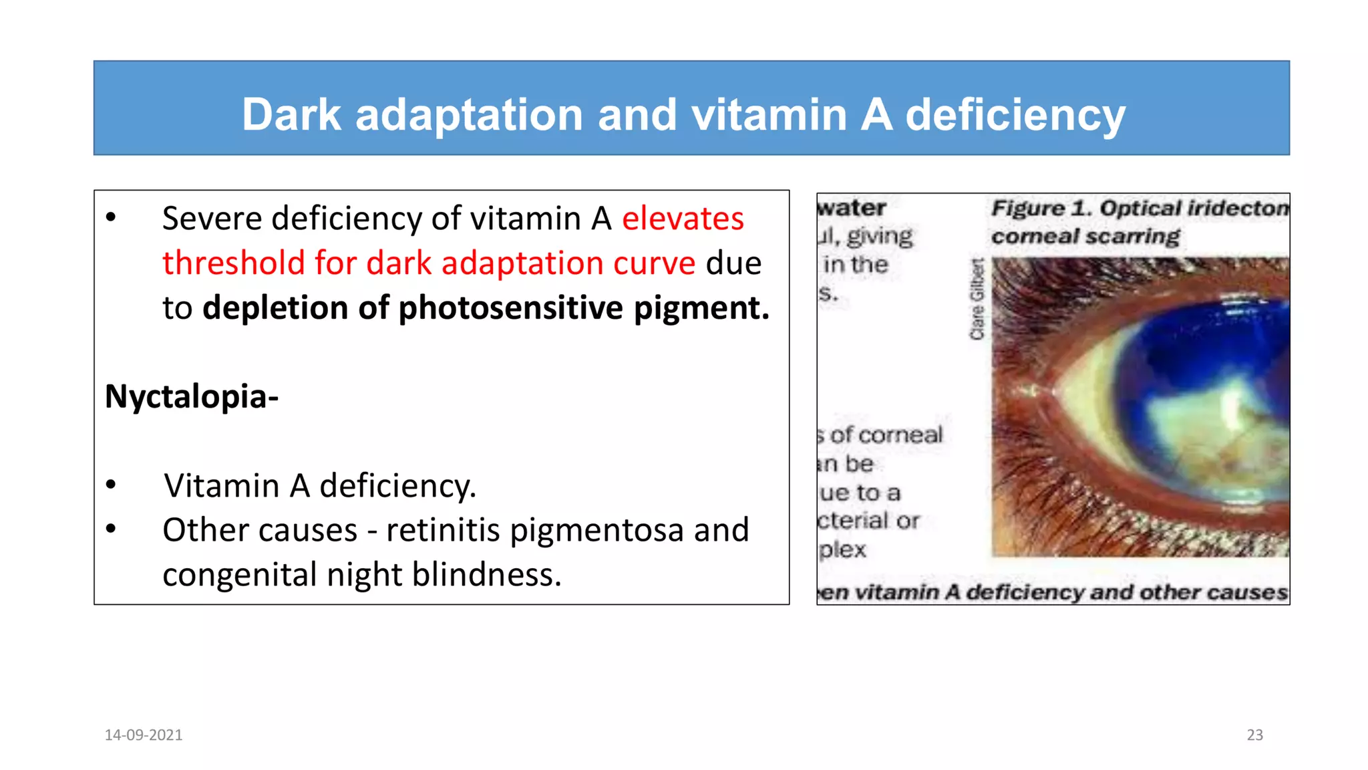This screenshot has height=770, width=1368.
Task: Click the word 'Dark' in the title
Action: pyautogui.click(x=291, y=114)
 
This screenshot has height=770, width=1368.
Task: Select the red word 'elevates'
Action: pyautogui.click(x=683, y=219)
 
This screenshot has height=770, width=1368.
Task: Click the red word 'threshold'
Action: pyautogui.click(x=233, y=263)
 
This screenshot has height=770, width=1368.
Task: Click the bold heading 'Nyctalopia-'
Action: pyautogui.click(x=192, y=396)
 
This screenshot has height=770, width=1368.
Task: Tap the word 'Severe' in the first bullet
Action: pyautogui.click(x=211, y=219)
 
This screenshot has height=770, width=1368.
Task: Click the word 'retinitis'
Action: pyautogui.click(x=443, y=530)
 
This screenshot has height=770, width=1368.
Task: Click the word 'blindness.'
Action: pyautogui.click(x=486, y=575)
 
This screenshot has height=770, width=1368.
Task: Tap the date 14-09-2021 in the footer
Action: pyautogui.click(x=144, y=735)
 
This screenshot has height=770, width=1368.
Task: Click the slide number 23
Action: pyautogui.click(x=1254, y=735)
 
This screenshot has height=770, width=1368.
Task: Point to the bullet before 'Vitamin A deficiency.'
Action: pyautogui.click(x=111, y=485)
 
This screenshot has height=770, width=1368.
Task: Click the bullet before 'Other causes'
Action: pyautogui.click(x=111, y=529)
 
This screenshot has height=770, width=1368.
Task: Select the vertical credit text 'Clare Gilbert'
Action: pyautogui.click(x=977, y=299)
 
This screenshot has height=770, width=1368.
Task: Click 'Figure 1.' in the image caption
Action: pyautogui.click(x=1041, y=209)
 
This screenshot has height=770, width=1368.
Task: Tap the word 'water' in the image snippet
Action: pyautogui.click(x=852, y=208)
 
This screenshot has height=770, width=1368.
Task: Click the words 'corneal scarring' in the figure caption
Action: pyautogui.click(x=1085, y=237)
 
